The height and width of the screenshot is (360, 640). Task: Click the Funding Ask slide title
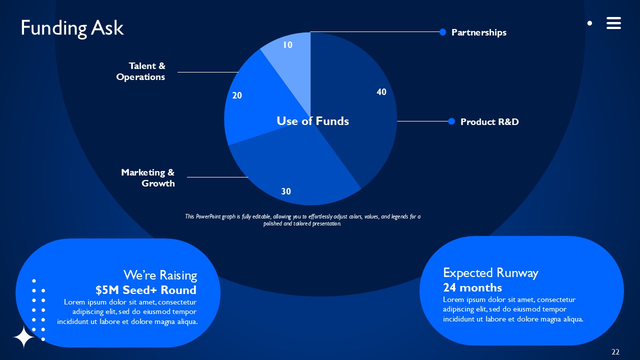point(72,28)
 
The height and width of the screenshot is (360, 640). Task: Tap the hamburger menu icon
point(613,23)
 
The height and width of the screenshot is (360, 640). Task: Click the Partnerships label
point(478,32)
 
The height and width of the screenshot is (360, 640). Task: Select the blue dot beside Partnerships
point(442,32)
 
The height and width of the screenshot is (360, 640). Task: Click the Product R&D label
point(489,122)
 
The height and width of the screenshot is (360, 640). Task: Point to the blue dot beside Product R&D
point(451,121)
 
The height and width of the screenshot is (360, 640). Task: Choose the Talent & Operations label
point(141,71)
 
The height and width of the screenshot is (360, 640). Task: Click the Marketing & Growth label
point(148,178)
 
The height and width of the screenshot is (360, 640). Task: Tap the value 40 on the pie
point(381,92)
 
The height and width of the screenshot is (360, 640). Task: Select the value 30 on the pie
point(286,191)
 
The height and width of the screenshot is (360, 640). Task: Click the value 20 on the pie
point(237,95)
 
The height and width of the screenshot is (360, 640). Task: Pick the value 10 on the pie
point(287,45)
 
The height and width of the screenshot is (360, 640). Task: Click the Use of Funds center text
point(312,121)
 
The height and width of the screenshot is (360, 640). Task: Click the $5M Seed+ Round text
point(146,290)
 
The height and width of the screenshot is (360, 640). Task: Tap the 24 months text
point(472,287)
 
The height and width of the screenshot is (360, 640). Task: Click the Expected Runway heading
point(490,273)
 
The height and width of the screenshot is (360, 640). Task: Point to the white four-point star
point(23,337)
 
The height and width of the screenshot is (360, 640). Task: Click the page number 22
point(615,352)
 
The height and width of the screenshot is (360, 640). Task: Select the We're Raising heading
point(160,275)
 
